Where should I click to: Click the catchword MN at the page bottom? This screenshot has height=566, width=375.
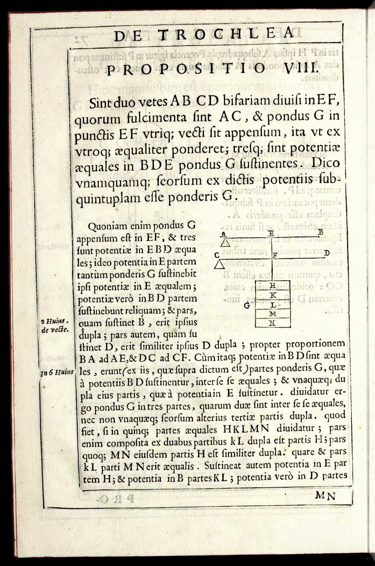click(x=325, y=495)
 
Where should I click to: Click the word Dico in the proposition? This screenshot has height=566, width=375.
click(x=325, y=163)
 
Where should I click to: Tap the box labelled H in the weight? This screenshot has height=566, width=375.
click(x=273, y=285)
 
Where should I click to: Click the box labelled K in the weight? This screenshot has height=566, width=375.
click(x=273, y=295)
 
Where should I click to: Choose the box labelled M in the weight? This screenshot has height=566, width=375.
click(x=273, y=314)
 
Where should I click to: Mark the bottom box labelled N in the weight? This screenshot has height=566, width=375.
click(x=273, y=323)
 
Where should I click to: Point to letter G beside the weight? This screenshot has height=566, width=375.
click(x=247, y=305)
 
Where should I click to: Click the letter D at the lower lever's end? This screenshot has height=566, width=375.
click(x=327, y=253)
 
